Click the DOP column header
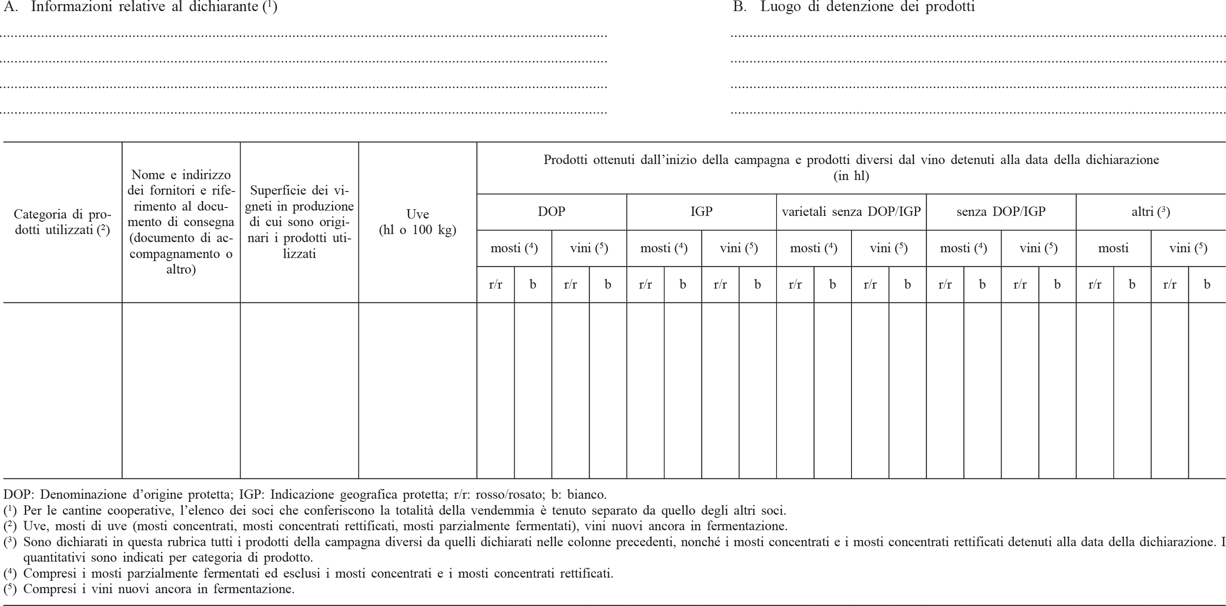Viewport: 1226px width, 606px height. (x=551, y=211)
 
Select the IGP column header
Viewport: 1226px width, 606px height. (x=701, y=211)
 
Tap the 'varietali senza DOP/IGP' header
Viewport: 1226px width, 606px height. (x=851, y=211)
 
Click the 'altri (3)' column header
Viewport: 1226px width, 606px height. (x=1150, y=211)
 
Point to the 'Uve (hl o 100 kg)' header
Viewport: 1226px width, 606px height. (x=418, y=222)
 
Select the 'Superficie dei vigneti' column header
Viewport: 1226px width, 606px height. (x=300, y=222)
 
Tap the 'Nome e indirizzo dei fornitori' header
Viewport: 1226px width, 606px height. (x=181, y=222)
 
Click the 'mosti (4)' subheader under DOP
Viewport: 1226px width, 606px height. (x=514, y=248)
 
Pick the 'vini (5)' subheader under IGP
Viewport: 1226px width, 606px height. (x=739, y=248)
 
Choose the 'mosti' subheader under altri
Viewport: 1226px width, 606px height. (x=1113, y=248)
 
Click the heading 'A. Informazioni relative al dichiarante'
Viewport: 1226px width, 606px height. (x=140, y=7)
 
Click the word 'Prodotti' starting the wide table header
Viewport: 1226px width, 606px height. (x=566, y=160)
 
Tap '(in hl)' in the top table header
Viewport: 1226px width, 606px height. (x=851, y=176)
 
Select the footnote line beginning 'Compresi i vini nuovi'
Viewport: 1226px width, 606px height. (x=158, y=589)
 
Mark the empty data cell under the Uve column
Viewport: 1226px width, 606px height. (x=418, y=390)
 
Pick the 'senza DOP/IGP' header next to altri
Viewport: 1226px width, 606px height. (x=1001, y=211)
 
